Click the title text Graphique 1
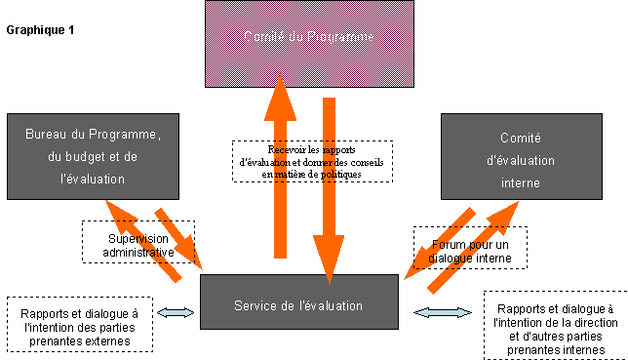click(x=40, y=30)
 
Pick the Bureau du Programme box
click(x=87, y=157)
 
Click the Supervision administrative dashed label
click(x=138, y=245)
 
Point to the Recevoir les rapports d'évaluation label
click(x=313, y=161)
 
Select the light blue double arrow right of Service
click(x=436, y=312)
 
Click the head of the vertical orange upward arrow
click(x=280, y=98)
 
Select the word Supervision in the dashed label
click(x=138, y=238)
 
